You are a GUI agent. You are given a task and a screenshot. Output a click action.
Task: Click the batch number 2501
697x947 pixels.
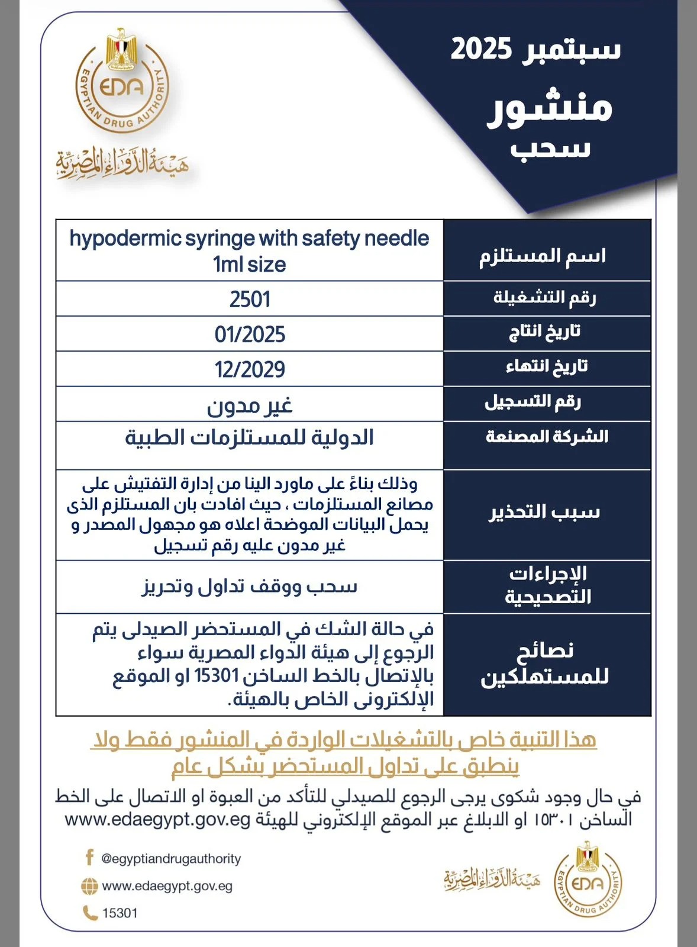tap(250, 299)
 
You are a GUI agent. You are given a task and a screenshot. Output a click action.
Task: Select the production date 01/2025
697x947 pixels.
tap(250, 334)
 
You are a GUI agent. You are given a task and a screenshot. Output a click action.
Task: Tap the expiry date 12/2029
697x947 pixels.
tap(250, 369)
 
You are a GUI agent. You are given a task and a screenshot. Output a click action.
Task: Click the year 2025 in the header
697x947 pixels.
tap(481, 49)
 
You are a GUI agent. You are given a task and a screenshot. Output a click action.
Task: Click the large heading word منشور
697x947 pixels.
tap(549, 108)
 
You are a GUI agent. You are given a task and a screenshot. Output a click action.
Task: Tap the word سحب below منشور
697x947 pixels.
tap(550, 148)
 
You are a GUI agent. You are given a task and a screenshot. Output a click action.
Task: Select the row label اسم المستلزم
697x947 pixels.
tap(543, 256)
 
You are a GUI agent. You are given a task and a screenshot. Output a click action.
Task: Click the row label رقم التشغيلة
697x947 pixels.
tap(545, 297)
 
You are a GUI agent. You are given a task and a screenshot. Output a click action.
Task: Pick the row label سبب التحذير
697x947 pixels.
tap(544, 512)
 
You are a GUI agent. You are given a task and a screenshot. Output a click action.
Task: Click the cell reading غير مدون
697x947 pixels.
tap(250, 405)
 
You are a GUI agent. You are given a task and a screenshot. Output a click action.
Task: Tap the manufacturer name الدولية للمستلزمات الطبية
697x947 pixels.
tap(250, 438)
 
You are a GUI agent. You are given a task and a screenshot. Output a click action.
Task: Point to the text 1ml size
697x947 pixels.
tap(250, 264)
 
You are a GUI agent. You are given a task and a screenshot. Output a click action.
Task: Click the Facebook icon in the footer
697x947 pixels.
tap(89, 858)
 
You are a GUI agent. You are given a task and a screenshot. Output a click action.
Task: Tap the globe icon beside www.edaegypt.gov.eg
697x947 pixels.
tap(89, 886)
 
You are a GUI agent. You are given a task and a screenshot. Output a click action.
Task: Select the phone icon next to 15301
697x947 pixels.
tap(90, 913)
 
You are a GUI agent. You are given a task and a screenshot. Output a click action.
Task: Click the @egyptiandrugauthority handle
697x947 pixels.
tap(172, 859)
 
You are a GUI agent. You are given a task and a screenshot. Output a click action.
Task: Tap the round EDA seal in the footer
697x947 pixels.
tap(588, 884)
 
